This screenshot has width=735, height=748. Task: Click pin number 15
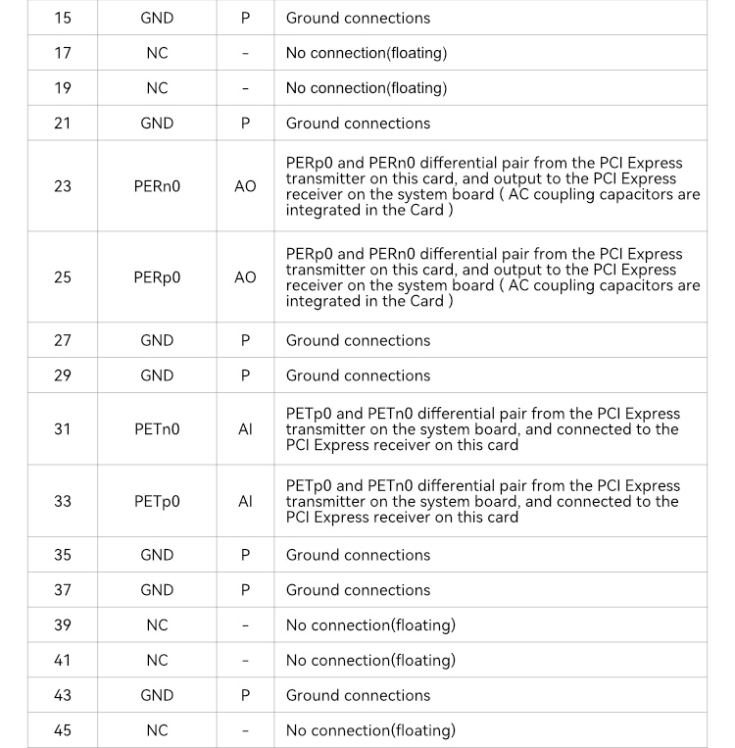63,18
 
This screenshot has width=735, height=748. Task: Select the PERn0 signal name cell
157,186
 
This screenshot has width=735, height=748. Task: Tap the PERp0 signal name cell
157,277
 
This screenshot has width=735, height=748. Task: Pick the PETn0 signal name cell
157,429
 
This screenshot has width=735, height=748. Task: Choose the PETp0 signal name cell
157,501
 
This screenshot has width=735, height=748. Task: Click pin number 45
63,730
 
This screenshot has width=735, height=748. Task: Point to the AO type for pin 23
245,186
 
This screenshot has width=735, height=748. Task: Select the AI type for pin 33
245,501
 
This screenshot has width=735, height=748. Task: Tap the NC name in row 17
157,53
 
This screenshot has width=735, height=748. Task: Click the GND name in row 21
157,124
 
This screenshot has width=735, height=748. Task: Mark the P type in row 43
245,695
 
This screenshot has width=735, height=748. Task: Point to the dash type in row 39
245,625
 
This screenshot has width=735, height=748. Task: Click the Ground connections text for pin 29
358,375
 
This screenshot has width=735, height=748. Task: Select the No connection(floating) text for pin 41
370,660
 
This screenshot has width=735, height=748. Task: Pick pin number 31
63,429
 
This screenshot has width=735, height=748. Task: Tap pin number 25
63,277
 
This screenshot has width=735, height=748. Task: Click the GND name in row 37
157,590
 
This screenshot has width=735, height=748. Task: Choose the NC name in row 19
157,88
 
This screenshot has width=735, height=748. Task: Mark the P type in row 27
245,340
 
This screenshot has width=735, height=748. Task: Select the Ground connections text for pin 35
358,555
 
